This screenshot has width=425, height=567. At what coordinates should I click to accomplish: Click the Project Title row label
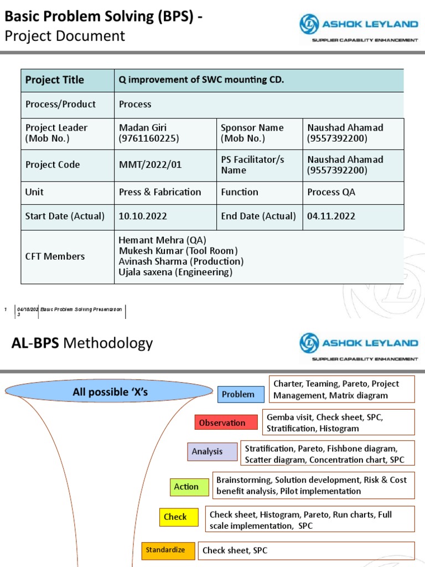[x=55, y=80]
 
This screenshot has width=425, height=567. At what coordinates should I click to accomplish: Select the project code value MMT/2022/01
[x=150, y=164]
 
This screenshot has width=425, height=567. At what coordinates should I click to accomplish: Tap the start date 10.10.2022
[x=143, y=216]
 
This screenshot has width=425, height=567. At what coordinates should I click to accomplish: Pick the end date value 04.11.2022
[x=331, y=216]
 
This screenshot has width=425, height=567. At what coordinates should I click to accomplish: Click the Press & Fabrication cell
[x=160, y=192]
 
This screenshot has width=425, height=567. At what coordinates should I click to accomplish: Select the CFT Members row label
[x=55, y=256]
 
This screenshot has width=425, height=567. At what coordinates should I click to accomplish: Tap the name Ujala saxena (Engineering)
[x=175, y=272]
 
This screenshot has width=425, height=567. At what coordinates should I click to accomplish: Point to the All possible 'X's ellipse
[x=111, y=392]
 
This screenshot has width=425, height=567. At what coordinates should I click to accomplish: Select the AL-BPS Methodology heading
[x=82, y=343]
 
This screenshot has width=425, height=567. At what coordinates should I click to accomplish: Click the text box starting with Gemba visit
[x=338, y=422]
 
